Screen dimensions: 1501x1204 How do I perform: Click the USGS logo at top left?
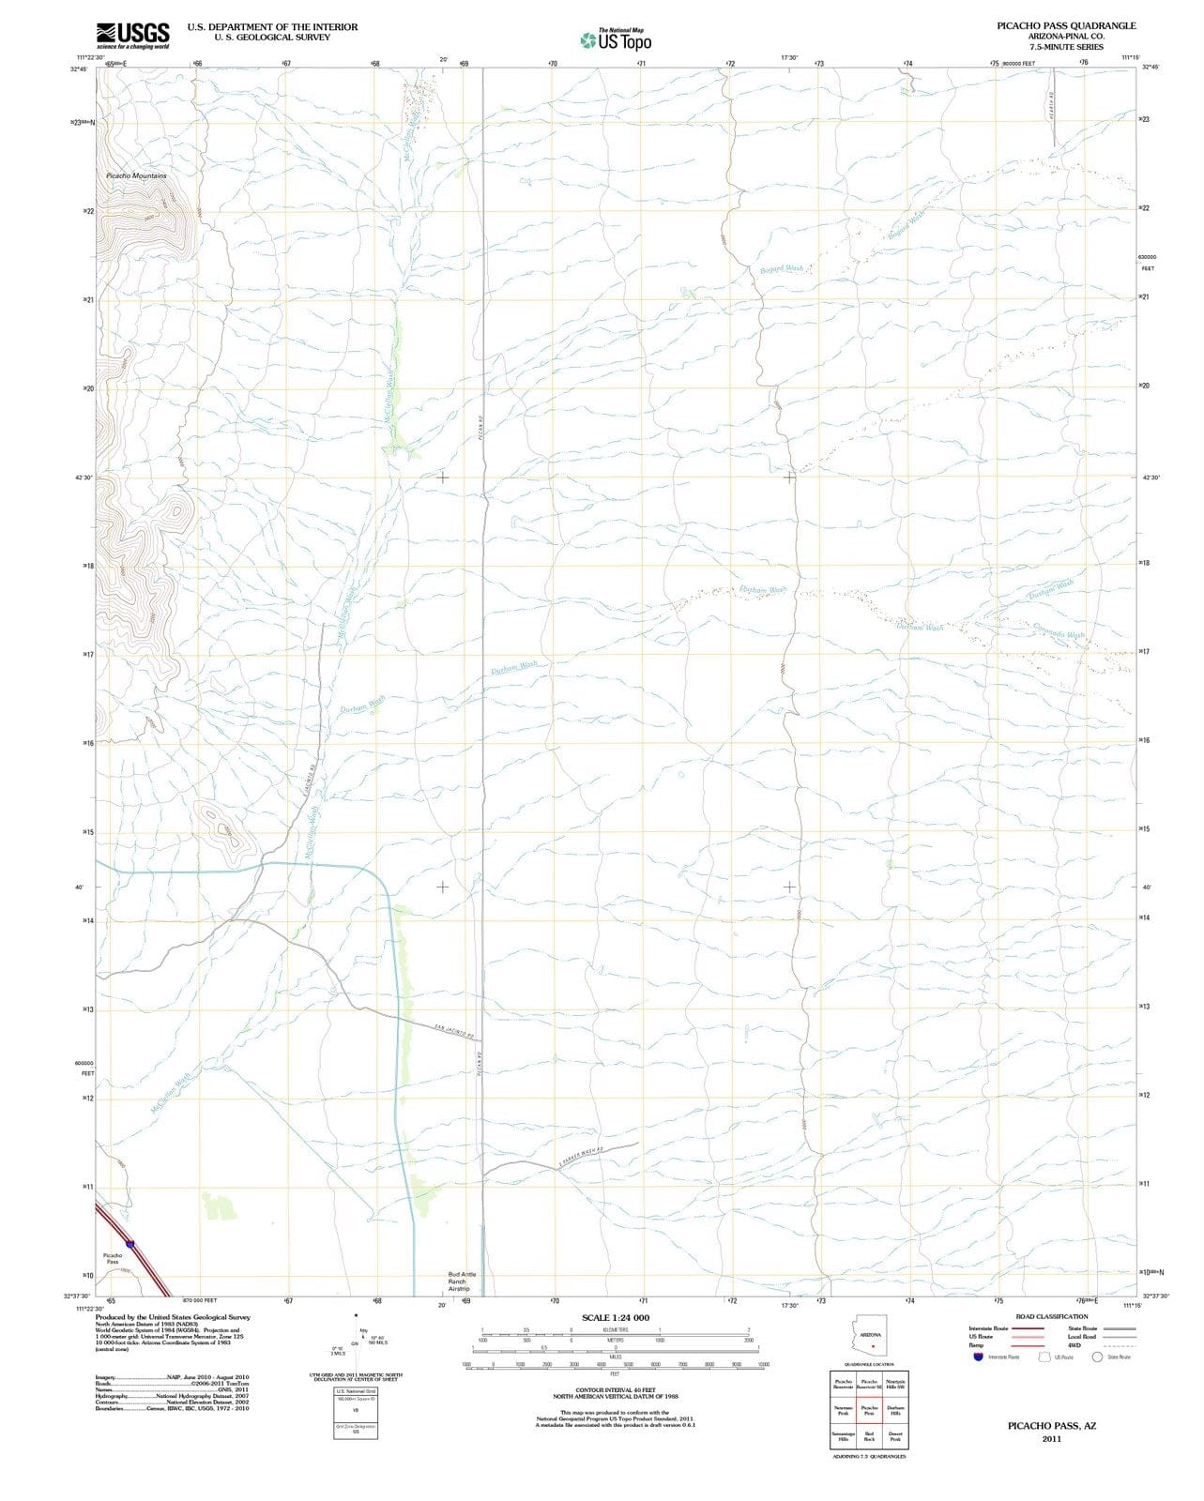[x=132, y=35]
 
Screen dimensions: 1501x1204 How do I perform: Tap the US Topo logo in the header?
[x=616, y=40]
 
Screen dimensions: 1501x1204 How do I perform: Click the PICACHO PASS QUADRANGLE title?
[x=1066, y=26]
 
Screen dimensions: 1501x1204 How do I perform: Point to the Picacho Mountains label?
[x=136, y=176]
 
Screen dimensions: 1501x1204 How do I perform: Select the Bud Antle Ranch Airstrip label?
[x=463, y=1281]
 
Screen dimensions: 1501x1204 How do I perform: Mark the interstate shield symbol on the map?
[x=130, y=1244]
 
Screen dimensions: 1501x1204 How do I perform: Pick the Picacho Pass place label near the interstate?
[x=113, y=1258]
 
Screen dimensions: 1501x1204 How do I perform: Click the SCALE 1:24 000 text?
[x=615, y=1317]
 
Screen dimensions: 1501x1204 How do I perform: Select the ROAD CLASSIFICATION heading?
[x=1052, y=1316]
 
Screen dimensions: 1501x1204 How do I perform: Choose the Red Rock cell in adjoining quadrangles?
[x=869, y=1436]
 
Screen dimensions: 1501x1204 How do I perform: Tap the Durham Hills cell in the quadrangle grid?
[x=895, y=1410]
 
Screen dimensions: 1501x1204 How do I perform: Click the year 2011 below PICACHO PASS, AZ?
[x=1051, y=1439]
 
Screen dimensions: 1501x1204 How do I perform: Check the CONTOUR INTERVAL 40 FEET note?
[x=615, y=1390]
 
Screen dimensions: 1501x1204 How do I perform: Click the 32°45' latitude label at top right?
[x=1151, y=67]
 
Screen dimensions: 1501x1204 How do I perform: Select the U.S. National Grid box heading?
[x=356, y=1390]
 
